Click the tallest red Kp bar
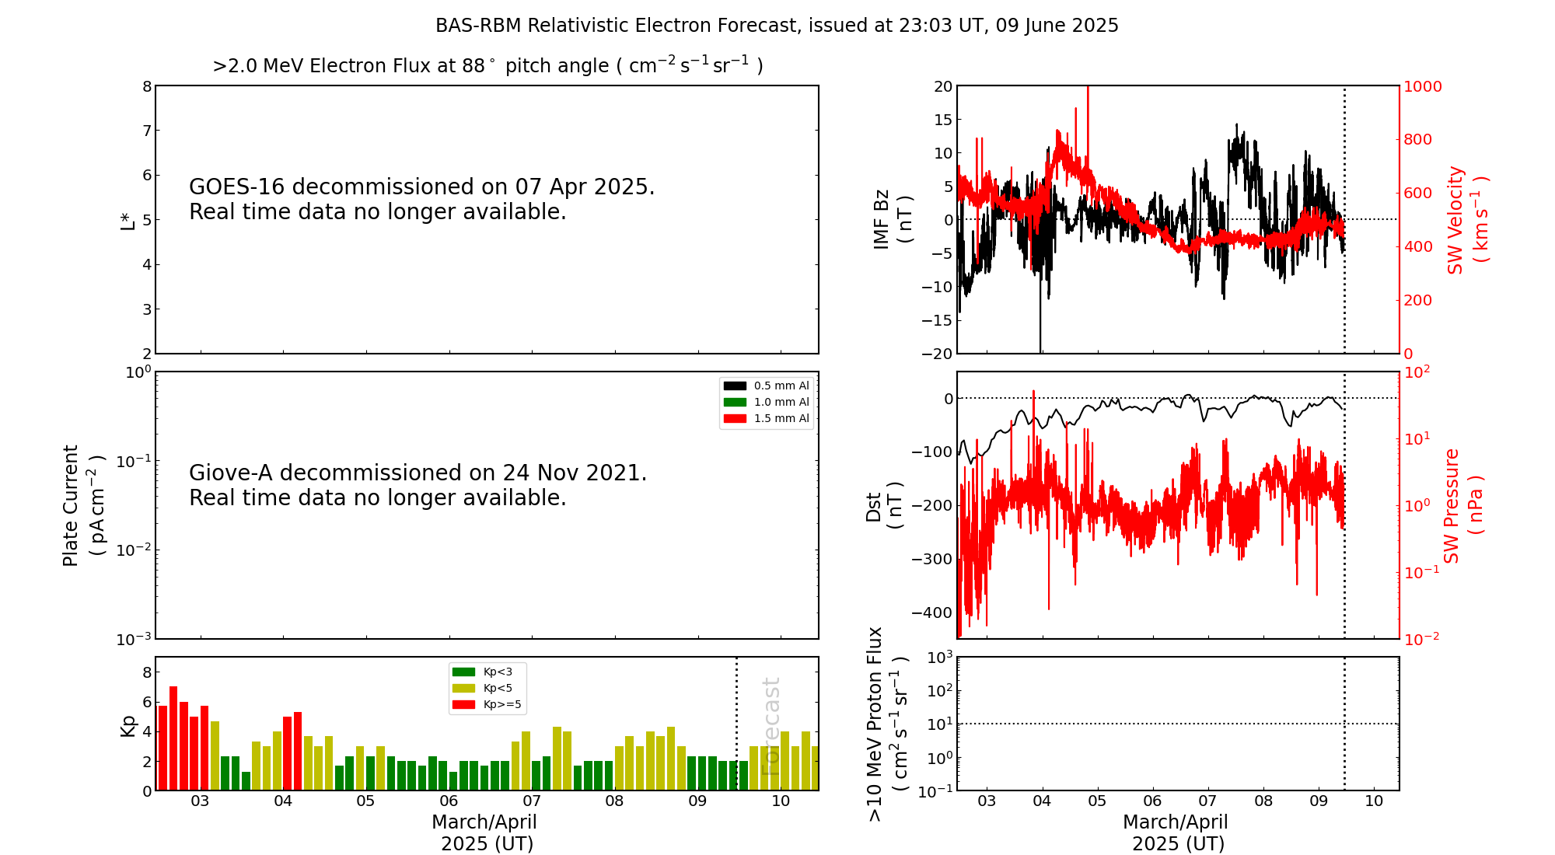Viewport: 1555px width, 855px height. click(x=173, y=738)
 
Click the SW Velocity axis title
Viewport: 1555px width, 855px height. click(x=1466, y=220)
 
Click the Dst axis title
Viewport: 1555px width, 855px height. click(x=884, y=506)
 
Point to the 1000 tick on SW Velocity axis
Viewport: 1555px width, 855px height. click(x=1422, y=86)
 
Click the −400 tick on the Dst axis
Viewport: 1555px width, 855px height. click(x=931, y=612)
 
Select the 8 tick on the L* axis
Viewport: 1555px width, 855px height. click(x=146, y=86)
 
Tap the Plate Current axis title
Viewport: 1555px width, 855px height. click(x=82, y=505)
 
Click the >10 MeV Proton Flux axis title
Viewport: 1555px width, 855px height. click(x=886, y=724)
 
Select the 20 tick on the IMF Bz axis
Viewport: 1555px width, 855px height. click(x=942, y=86)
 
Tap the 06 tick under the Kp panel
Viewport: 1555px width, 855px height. click(x=449, y=801)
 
